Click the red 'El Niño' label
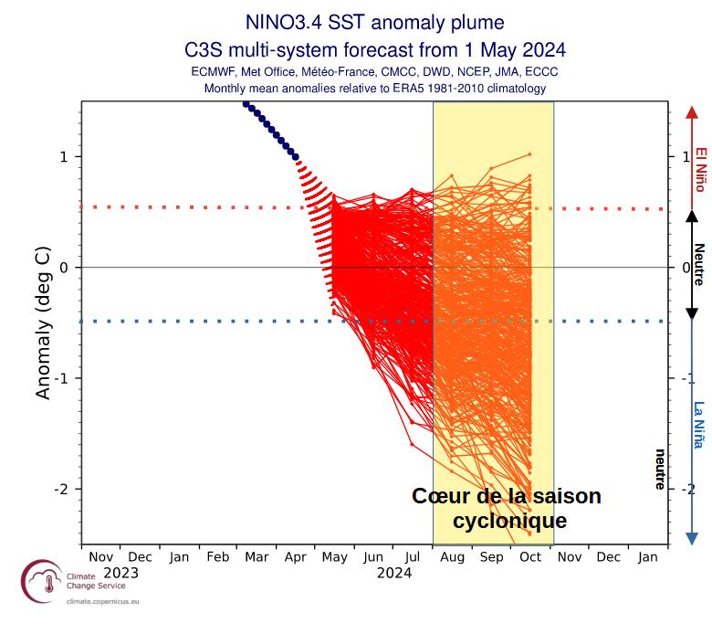[x=700, y=169]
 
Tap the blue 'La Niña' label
[x=699, y=425]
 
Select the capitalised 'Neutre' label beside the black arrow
[x=699, y=265]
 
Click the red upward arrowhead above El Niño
[x=691, y=111]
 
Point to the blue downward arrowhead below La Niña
[x=691, y=538]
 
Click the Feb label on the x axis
[x=218, y=556]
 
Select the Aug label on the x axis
[x=452, y=556]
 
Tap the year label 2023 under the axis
[x=120, y=573]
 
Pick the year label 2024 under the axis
[x=393, y=573]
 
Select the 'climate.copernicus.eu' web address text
[x=103, y=603]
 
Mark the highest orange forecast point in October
[x=529, y=154]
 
